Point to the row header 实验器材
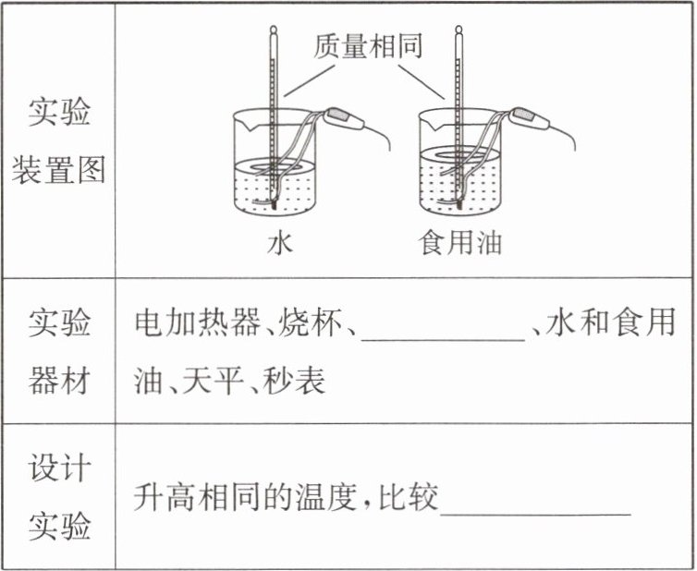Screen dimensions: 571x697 58,351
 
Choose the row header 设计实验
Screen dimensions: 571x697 58,497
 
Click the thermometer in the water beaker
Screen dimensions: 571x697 274,111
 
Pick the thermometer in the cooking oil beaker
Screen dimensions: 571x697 459,111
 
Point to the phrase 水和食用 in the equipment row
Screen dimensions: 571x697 611,324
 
